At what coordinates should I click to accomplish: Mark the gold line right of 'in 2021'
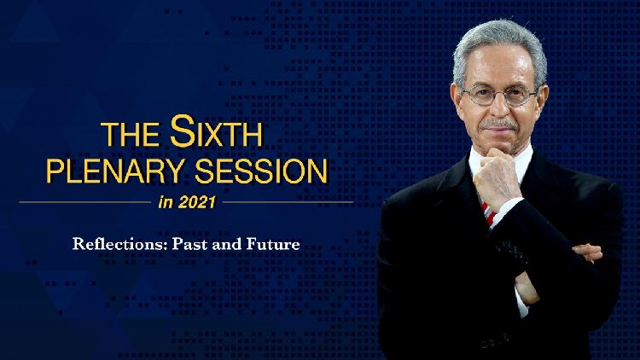pos(285,202)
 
